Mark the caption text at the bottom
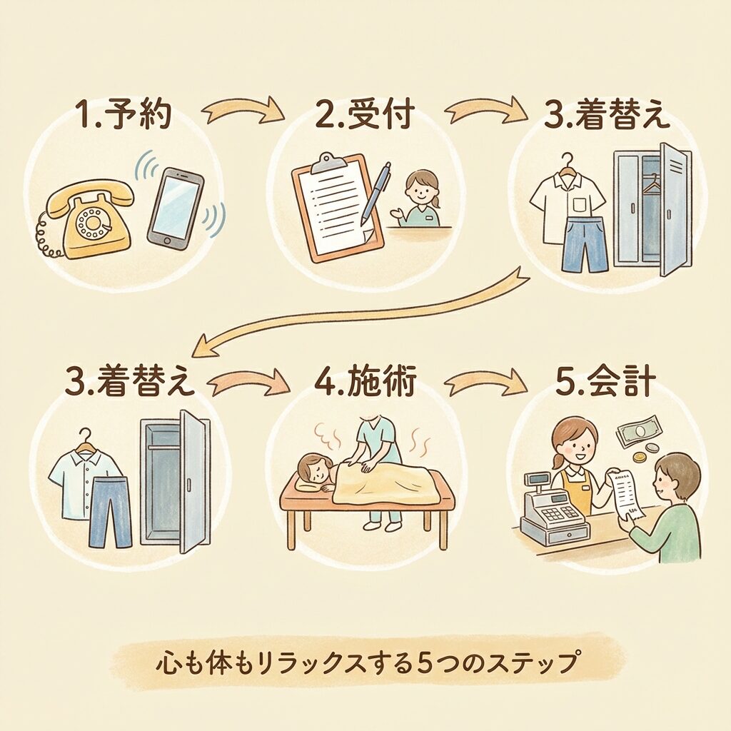tap(365, 663)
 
